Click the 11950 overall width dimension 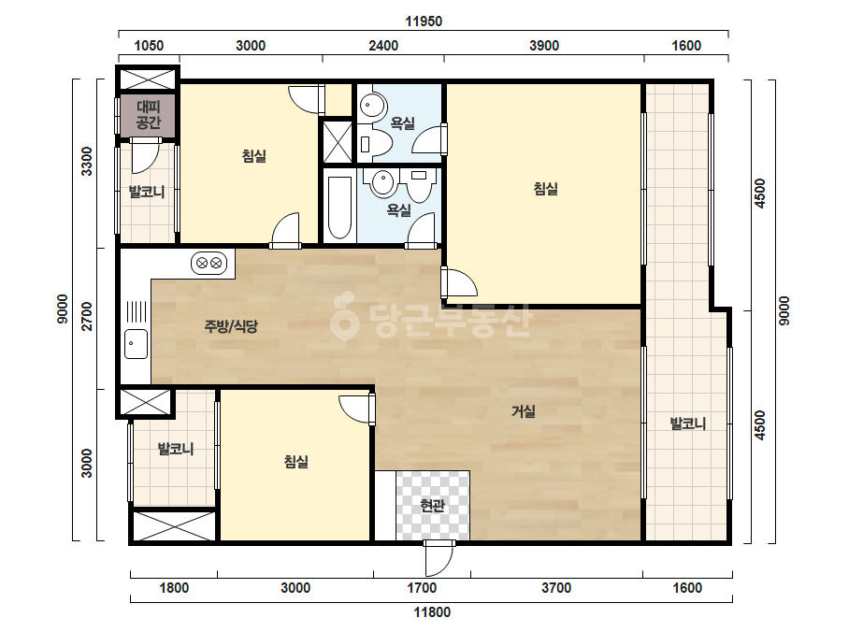click(424, 22)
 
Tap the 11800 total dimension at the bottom click(432, 612)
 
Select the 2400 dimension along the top click(383, 46)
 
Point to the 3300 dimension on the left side click(87, 162)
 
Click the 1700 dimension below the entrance click(422, 588)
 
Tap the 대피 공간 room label click(148, 114)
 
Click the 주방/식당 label click(231, 326)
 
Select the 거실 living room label click(524, 411)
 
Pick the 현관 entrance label click(432, 505)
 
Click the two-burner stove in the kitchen click(209, 263)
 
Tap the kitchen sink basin click(136, 343)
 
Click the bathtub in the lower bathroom click(339, 208)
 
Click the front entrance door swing click(439, 558)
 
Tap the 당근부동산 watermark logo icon click(344, 316)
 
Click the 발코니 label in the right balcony click(687, 424)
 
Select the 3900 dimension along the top click(544, 46)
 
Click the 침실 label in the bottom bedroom click(296, 461)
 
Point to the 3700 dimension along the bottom click(556, 588)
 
